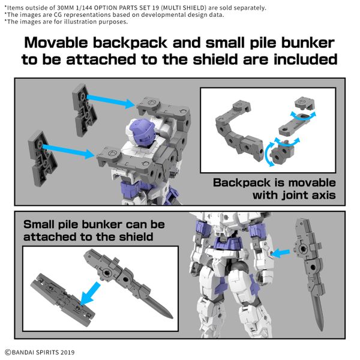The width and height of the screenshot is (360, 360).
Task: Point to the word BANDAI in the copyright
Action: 26,352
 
